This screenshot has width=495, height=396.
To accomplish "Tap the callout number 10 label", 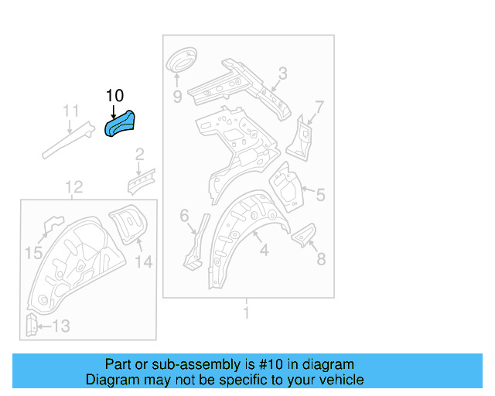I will pyautogui.click(x=114, y=95).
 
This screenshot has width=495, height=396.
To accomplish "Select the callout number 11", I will pyautogui.click(x=70, y=111).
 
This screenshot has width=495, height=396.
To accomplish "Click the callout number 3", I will pyautogui.click(x=282, y=73).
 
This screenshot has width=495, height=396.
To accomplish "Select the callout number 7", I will pyautogui.click(x=319, y=107).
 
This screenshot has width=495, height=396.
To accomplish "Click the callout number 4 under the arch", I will pyautogui.click(x=263, y=250).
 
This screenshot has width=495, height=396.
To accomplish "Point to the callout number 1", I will pyautogui.click(x=246, y=313).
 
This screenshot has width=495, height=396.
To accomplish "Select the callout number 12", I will pyautogui.click(x=73, y=186).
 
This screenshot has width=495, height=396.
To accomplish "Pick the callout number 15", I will pyautogui.click(x=33, y=252).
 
